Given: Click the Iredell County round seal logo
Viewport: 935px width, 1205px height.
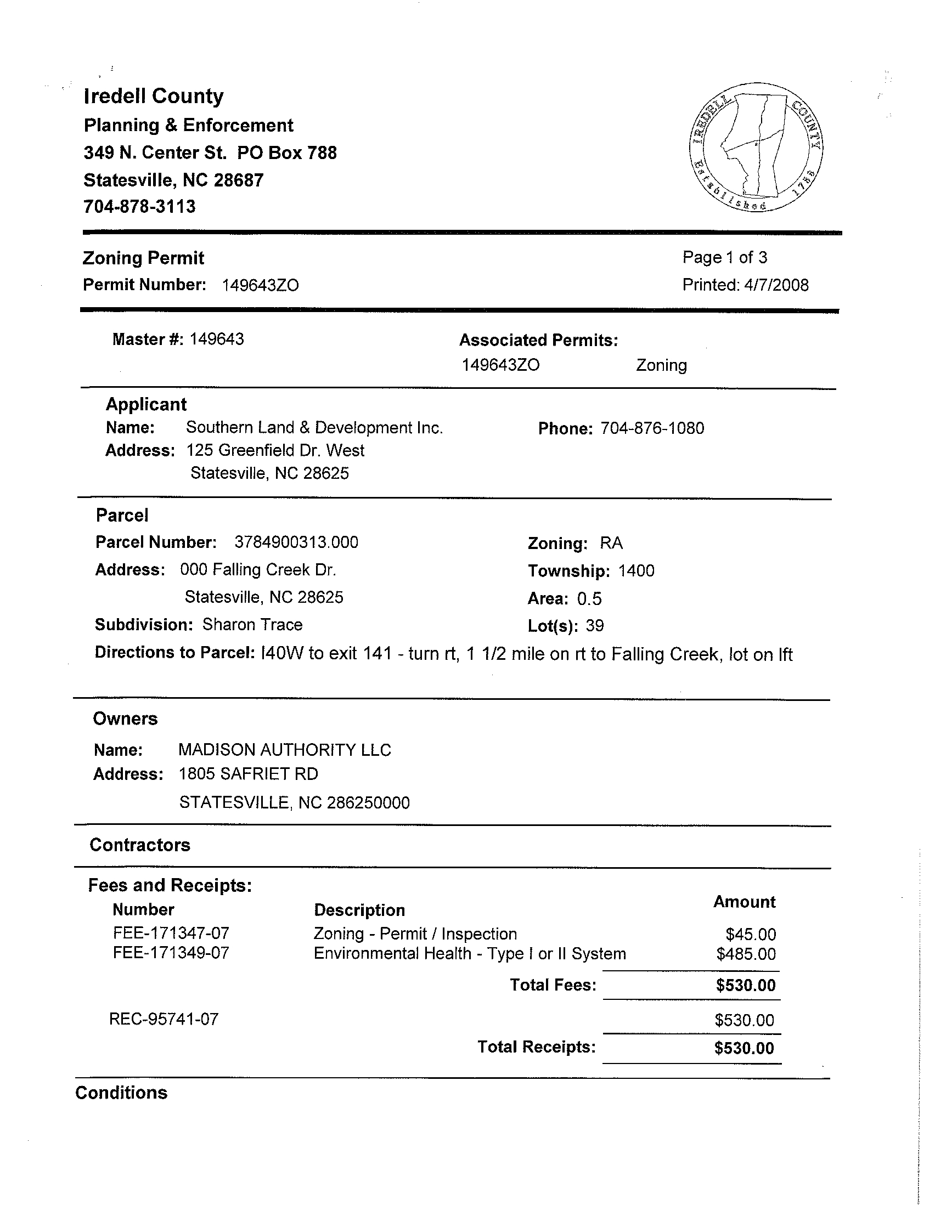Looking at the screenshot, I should click(756, 148).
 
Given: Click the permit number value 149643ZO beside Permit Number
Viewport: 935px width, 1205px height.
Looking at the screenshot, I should click(260, 285).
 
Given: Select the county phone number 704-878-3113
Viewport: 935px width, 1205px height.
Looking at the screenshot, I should click(139, 207).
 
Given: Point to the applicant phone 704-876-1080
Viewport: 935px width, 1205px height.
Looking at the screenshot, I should click(652, 429).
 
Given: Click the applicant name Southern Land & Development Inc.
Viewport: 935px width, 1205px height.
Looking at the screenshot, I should click(314, 428).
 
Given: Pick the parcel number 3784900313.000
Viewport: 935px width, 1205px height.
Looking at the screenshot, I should click(296, 542).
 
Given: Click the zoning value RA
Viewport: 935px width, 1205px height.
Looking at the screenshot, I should click(611, 544).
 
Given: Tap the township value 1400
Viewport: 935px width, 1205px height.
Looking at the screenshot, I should click(637, 570).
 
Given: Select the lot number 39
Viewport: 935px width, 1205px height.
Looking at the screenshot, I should click(595, 626).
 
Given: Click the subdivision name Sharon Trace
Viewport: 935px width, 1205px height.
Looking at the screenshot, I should click(252, 625).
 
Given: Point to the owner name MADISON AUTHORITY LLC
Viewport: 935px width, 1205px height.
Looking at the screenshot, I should click(284, 750).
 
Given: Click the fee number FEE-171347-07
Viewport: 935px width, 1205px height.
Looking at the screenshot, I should click(171, 934).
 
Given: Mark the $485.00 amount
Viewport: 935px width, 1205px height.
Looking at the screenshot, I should click(746, 954).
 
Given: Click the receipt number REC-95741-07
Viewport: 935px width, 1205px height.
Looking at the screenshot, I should click(164, 1019).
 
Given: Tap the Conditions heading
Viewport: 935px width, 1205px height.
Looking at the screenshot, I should click(121, 1093).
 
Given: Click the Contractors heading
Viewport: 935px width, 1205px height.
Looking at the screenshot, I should click(139, 845).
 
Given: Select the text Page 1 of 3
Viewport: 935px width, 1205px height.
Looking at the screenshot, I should click(725, 257).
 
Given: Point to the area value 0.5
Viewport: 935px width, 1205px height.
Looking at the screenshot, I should click(589, 598).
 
